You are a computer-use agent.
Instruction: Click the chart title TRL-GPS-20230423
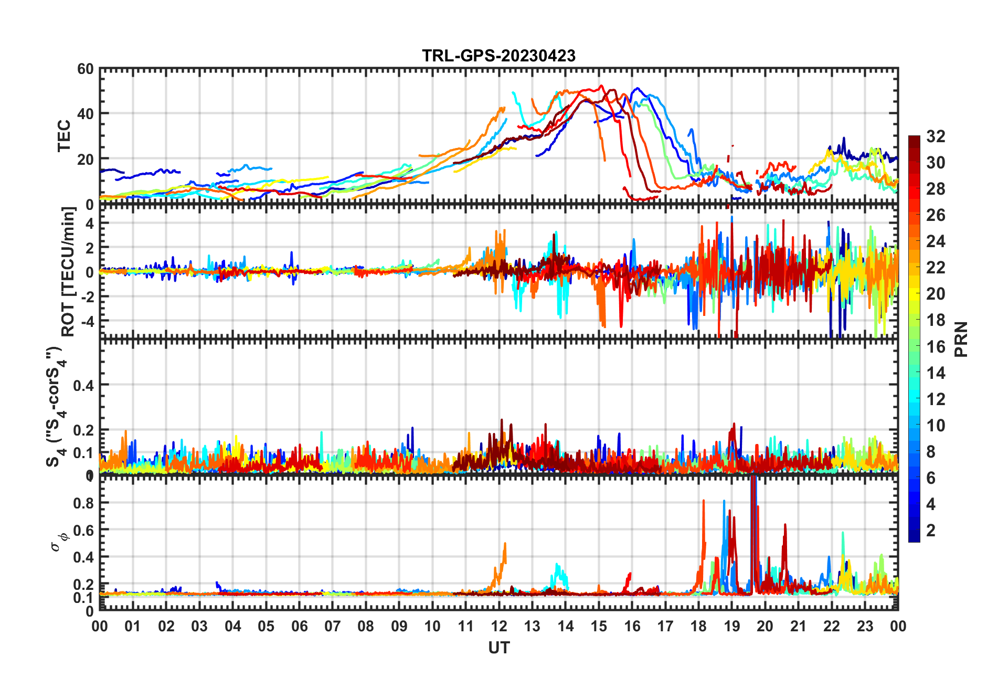coord(498,56)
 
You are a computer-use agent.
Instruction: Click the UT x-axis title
coord(498,648)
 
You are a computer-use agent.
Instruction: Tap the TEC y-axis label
coord(64,136)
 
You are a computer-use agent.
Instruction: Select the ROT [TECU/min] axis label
coord(68,271)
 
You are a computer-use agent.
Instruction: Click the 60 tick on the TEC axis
coord(86,69)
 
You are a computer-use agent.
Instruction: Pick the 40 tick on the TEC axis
coord(86,113)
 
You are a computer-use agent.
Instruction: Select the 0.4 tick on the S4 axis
coord(83,386)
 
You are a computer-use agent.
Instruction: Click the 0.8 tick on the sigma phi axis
coord(83,503)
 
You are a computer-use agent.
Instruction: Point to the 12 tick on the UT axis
coord(499,627)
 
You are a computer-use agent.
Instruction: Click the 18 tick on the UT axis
coord(698,627)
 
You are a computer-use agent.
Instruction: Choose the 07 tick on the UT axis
coord(333,627)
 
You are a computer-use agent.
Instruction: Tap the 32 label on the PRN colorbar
coord(936,136)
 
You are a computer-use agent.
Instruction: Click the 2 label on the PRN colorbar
coord(931,531)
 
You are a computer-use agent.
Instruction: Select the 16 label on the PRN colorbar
coord(936,347)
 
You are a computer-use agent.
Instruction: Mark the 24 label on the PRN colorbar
coord(936,241)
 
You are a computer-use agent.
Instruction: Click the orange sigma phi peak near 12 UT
coord(505,545)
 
